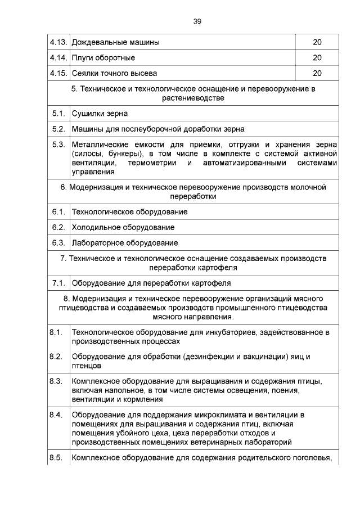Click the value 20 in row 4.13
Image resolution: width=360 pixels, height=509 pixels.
tap(317, 43)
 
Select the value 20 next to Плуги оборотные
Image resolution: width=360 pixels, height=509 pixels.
tap(317, 58)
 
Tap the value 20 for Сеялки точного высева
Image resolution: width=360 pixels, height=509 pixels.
tap(317, 73)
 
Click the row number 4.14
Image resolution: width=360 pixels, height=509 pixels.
tap(58, 58)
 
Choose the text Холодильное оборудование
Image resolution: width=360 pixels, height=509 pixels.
tap(123, 227)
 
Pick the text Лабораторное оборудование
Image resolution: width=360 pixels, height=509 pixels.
tap(125, 243)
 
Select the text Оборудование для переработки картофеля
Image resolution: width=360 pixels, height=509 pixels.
tap(151, 283)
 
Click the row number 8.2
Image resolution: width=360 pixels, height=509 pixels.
tap(55, 357)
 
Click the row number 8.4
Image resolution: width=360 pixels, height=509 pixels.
tap(55, 415)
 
